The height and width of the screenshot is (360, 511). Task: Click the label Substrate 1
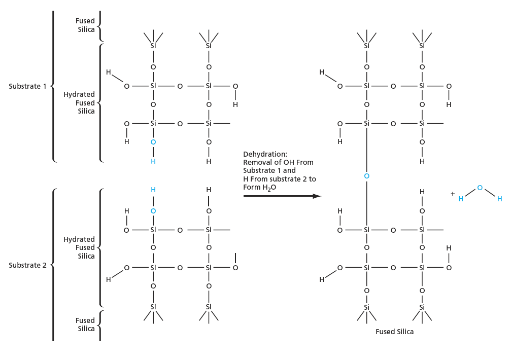point(27,86)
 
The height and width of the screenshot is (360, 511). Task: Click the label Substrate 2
point(27,265)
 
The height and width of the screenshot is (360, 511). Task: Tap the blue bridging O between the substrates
point(366,176)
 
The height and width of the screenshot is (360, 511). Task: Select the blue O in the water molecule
point(480,188)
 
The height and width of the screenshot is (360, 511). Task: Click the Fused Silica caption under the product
point(394,332)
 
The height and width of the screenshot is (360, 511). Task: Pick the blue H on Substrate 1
point(153,161)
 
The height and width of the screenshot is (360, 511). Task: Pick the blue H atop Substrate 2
point(153,190)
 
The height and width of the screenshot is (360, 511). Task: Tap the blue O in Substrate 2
point(153,210)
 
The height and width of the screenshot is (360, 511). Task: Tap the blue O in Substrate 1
point(153,142)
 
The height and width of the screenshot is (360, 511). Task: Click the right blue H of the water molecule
point(499,199)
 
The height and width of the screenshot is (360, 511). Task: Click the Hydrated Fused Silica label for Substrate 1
point(79,103)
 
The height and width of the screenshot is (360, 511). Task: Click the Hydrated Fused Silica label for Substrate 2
point(79,247)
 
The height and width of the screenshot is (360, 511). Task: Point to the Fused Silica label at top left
point(85,25)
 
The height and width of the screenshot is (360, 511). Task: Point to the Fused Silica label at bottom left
point(85,325)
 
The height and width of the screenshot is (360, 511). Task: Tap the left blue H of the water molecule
point(461,199)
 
